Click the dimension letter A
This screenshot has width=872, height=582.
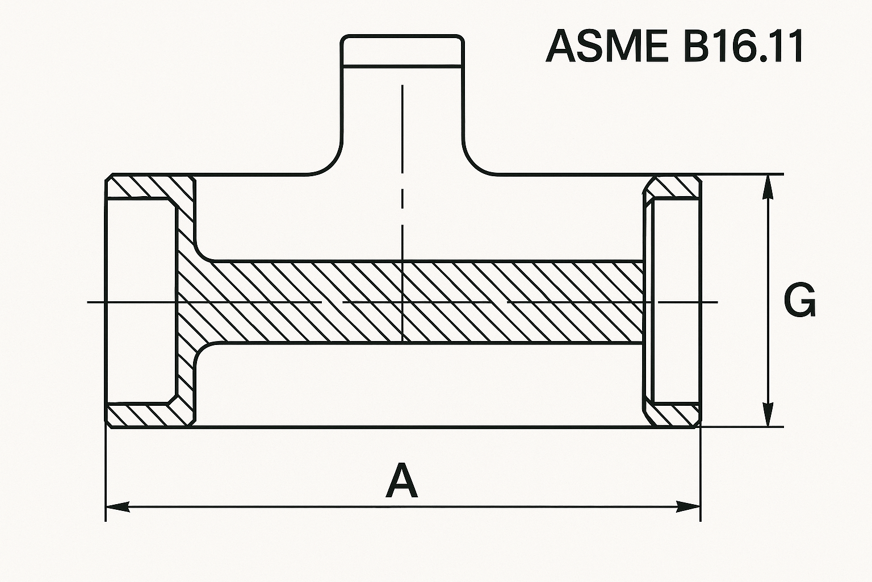click(402, 481)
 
